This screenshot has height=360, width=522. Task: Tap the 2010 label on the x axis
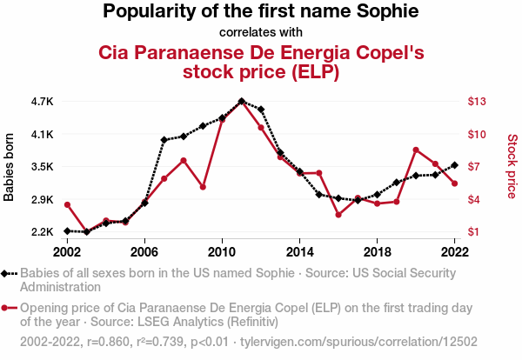coord(222,250)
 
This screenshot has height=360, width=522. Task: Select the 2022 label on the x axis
coord(454,250)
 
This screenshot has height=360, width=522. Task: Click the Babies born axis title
coord(10,167)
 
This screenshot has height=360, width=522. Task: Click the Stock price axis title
coord(512,165)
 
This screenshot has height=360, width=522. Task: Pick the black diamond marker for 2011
coord(241,102)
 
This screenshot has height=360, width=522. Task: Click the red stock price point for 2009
coord(203,187)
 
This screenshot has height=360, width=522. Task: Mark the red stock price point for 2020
coord(416,150)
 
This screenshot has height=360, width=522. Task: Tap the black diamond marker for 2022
coord(454,165)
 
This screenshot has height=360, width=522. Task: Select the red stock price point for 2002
coord(67,204)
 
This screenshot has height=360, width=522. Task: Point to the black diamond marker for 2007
coord(164,140)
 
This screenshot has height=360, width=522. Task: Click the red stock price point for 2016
coord(338,214)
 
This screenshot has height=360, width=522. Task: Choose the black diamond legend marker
coord(10,273)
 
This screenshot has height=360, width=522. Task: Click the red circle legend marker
coord(10,308)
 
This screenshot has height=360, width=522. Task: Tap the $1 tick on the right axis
coord(476,232)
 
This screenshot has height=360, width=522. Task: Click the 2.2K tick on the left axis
coord(42,232)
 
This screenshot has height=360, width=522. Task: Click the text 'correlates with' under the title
coord(260,33)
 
